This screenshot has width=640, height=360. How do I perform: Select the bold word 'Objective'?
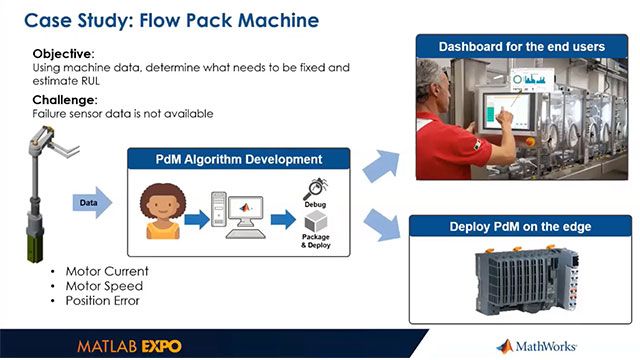point(61,53)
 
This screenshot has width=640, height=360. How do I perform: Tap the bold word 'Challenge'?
point(64,100)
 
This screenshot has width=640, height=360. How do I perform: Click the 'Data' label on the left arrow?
point(88,203)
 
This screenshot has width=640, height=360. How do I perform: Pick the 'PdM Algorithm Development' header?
point(238,159)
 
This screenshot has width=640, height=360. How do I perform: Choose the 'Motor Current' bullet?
point(106,271)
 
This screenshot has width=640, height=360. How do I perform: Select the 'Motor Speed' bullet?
point(103,285)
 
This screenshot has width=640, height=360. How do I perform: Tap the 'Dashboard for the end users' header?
point(524,47)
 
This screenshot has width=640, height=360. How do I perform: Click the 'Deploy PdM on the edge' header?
point(524,227)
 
